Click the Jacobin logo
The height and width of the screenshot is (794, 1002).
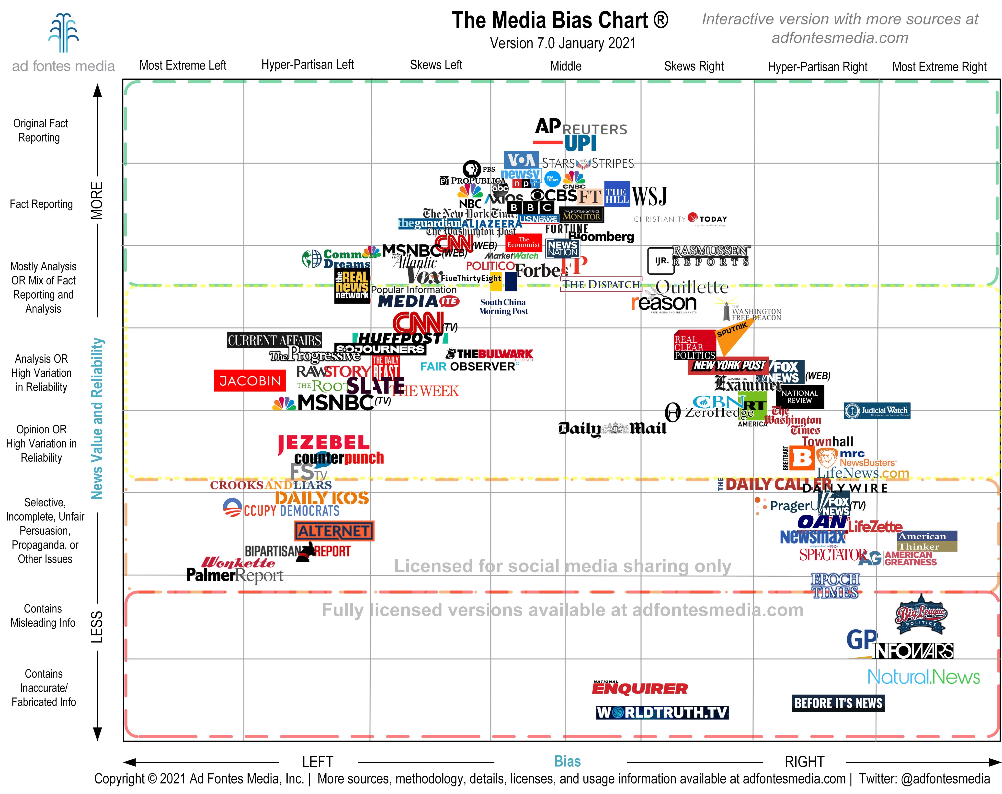click(250, 381)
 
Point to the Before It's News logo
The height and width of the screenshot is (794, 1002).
click(838, 703)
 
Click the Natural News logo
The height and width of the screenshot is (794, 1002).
click(923, 677)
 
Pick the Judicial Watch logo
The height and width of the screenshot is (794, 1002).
click(877, 411)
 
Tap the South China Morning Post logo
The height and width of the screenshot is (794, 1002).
click(504, 306)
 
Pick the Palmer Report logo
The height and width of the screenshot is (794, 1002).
click(235, 575)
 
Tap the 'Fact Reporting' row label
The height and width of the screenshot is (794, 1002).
click(41, 204)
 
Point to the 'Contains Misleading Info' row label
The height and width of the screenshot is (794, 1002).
click(43, 615)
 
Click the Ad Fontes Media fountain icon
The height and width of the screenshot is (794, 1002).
click(64, 33)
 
